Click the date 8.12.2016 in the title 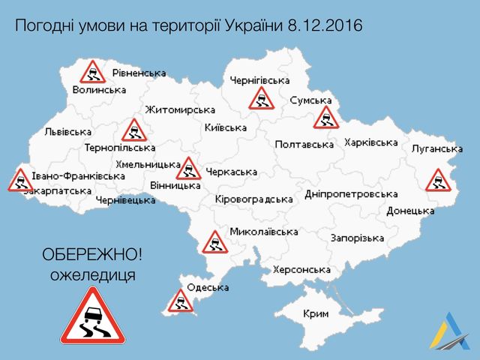pyautogui.click(x=324, y=26)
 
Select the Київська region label pyautogui.click(x=226, y=127)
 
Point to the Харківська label pyautogui.click(x=370, y=142)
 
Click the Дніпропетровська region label pyautogui.click(x=351, y=193)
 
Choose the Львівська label pyautogui.click(x=68, y=132)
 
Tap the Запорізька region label pyautogui.click(x=357, y=238)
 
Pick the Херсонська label pyautogui.click(x=301, y=270)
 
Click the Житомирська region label pyautogui.click(x=180, y=109)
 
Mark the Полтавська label pyautogui.click(x=304, y=144)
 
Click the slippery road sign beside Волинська pyautogui.click(x=92, y=73)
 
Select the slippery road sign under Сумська pyautogui.click(x=326, y=117)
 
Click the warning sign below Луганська pyautogui.click(x=437, y=180)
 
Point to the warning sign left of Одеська pyautogui.click(x=180, y=300)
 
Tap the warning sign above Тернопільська pyautogui.click(x=134, y=130)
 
